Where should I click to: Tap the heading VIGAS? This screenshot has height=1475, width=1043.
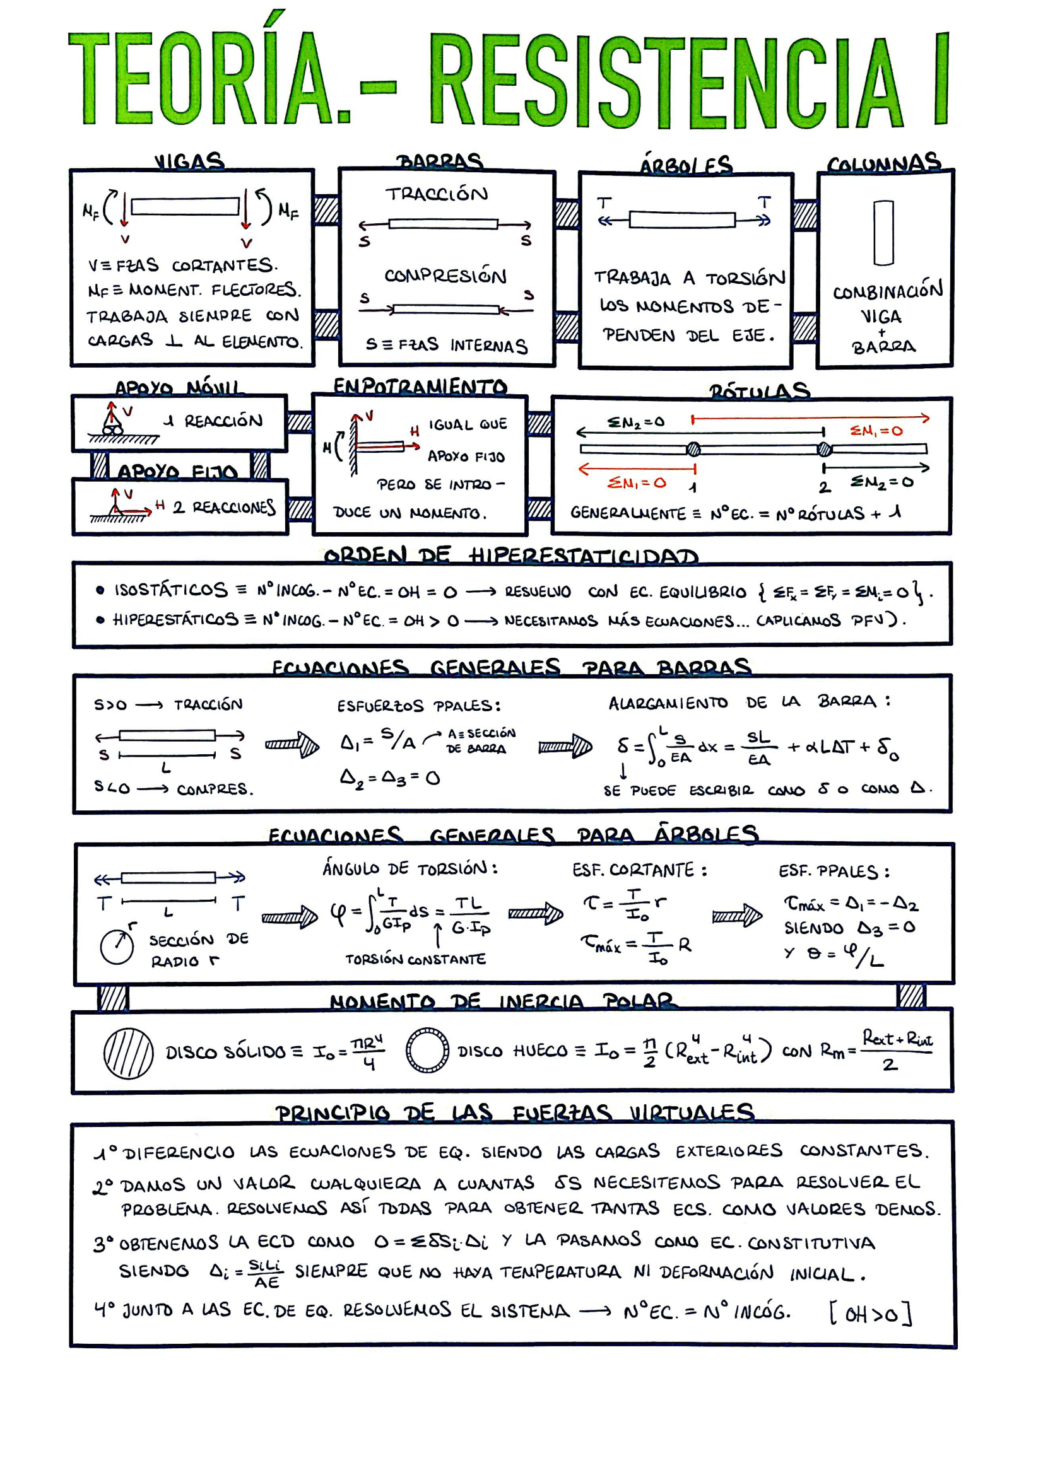(x=189, y=161)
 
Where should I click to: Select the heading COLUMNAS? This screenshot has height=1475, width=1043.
(x=883, y=165)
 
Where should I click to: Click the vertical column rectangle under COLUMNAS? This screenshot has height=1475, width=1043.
(x=883, y=233)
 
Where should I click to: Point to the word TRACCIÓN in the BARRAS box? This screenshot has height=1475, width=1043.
(x=437, y=194)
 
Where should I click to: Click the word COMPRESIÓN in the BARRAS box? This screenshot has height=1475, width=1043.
(x=445, y=276)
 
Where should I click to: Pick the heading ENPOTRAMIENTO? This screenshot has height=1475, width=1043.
(x=420, y=386)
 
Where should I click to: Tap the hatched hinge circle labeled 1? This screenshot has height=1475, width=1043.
(x=693, y=449)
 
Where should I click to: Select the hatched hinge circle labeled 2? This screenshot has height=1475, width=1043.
(x=824, y=449)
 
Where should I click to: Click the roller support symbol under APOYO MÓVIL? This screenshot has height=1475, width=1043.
(x=112, y=424)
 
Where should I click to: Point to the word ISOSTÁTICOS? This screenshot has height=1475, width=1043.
(x=170, y=590)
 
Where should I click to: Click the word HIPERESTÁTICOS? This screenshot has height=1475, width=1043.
(x=175, y=619)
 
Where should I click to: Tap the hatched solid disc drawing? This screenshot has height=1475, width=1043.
(x=129, y=1053)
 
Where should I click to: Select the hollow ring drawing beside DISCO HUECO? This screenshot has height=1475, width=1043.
(x=427, y=1051)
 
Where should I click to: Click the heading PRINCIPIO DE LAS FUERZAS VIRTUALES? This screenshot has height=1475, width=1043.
(x=514, y=1112)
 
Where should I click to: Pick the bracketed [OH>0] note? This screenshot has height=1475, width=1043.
(x=871, y=1314)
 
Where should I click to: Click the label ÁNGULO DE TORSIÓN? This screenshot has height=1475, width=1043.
(x=410, y=868)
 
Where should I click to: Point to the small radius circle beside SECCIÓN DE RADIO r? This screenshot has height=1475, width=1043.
(x=117, y=947)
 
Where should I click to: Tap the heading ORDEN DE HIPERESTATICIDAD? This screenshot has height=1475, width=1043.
(x=511, y=556)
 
